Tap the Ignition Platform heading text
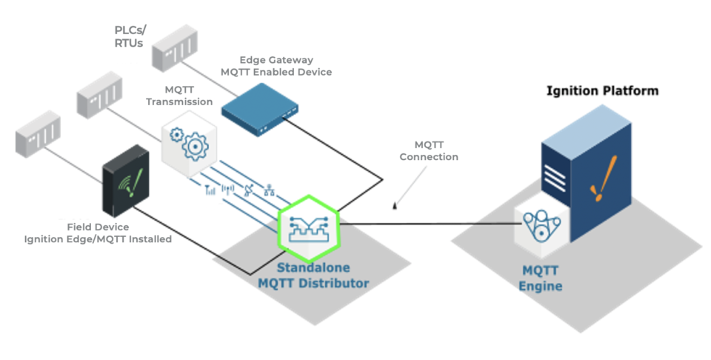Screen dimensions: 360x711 pyautogui.click(x=602, y=91)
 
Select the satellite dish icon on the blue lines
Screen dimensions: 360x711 pyautogui.click(x=249, y=190)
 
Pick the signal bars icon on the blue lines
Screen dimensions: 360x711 pyautogui.click(x=210, y=190)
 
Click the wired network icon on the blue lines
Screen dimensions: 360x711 pyautogui.click(x=270, y=190)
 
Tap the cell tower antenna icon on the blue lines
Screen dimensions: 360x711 pyautogui.click(x=228, y=190)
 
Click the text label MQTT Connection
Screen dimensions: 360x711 pyautogui.click(x=429, y=150)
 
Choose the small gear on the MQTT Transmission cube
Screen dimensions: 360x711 pyautogui.click(x=176, y=136)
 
